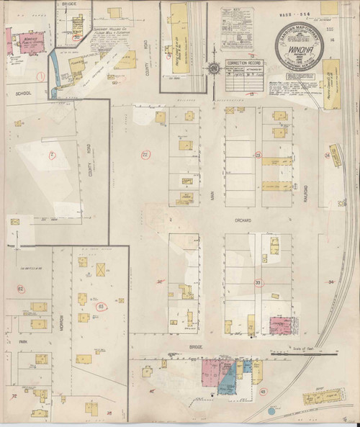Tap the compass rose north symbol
point(215,69)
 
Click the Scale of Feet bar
point(302,354)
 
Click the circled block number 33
point(258,283)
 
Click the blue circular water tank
point(271,411)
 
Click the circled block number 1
point(42,74)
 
